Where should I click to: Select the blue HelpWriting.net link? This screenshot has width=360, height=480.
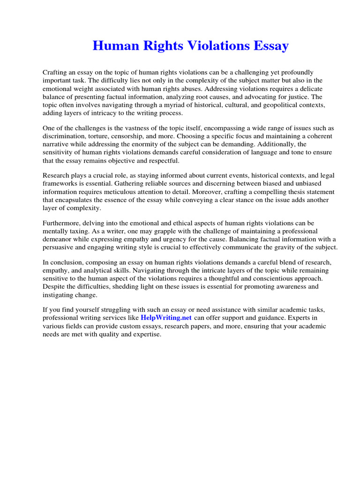pos(166,317)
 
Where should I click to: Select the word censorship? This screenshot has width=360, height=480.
pos(133,136)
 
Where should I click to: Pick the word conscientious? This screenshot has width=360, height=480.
pos(258,278)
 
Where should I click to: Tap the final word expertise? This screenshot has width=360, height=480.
pos(145,334)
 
